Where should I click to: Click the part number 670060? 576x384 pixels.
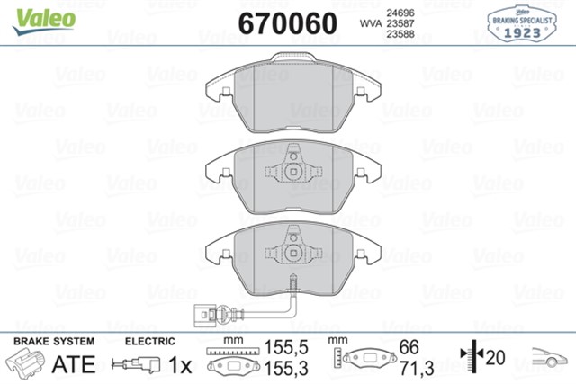pyautogui.click(x=286, y=22)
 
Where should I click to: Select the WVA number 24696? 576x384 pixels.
pyautogui.click(x=401, y=11)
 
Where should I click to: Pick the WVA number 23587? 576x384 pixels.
pyautogui.click(x=401, y=22)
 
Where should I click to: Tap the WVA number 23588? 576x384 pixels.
pyautogui.click(x=401, y=34)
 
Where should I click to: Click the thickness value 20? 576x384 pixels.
pyautogui.click(x=496, y=357)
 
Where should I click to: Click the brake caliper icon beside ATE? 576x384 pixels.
pyautogui.click(x=27, y=364)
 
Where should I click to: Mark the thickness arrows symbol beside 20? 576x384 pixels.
pyautogui.click(x=470, y=357)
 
